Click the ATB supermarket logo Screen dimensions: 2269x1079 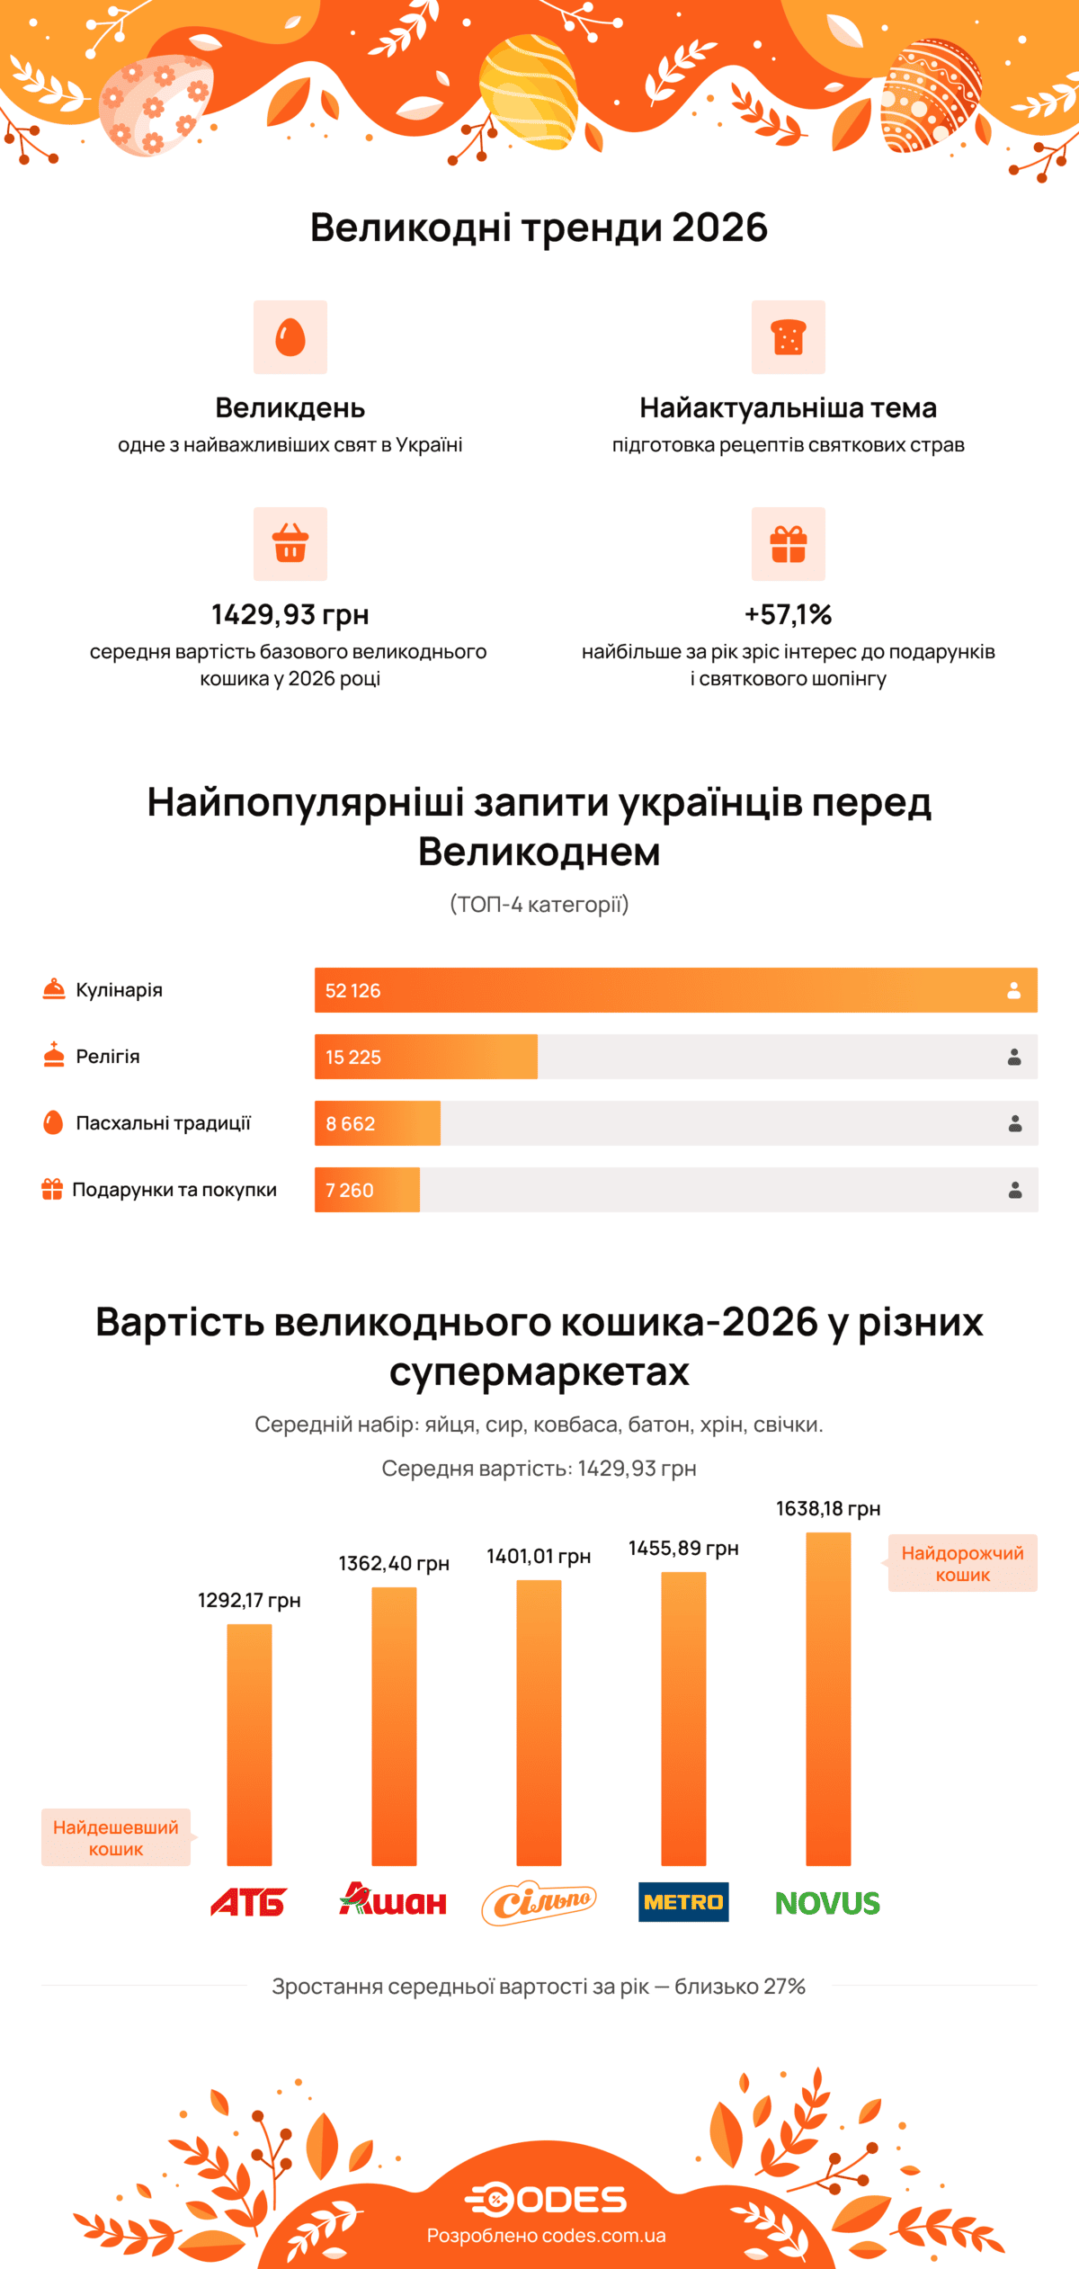[x=248, y=1901]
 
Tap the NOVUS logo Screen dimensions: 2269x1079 [x=827, y=1902]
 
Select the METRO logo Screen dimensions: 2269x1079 [x=683, y=1901]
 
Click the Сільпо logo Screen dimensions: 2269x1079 [x=539, y=1901]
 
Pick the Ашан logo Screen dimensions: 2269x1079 [x=393, y=1899]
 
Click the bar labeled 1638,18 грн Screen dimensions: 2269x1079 [x=828, y=1700]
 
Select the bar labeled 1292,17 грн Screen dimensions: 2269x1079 [x=249, y=1745]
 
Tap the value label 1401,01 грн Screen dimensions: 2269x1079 [x=539, y=1557]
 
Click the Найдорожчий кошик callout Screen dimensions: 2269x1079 [x=962, y=1563]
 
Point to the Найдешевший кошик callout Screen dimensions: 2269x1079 [x=116, y=1837]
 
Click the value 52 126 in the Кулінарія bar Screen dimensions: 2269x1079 [x=352, y=990]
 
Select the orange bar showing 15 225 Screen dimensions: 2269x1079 [x=426, y=1057]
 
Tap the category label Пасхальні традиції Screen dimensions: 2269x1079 [x=163, y=1122]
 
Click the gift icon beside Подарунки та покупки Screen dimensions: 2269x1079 [x=52, y=1189]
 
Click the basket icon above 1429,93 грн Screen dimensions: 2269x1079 [x=290, y=543]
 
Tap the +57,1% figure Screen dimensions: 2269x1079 [x=788, y=614]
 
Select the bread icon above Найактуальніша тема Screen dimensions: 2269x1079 [x=789, y=337]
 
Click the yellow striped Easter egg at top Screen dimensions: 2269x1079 [x=529, y=90]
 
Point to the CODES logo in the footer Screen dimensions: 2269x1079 [x=546, y=2200]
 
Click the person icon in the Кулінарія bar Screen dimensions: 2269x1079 [x=1013, y=990]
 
